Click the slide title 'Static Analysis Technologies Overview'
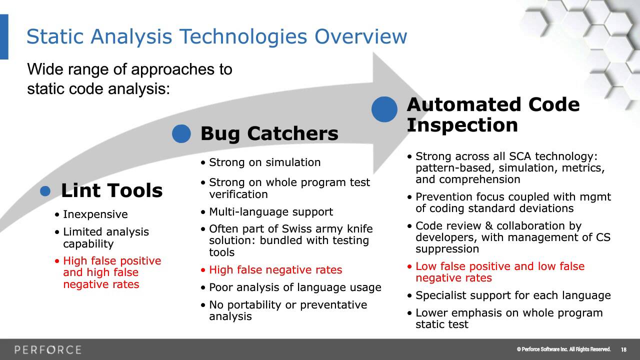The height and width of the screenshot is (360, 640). pos(216,37)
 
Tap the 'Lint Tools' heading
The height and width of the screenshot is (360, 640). pos(111,190)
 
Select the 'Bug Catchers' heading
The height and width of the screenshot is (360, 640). pos(269,133)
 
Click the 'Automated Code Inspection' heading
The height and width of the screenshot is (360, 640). pos(492,114)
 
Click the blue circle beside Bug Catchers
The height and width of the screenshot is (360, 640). pos(181,133)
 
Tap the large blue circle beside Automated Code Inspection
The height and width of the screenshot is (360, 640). pos(384,109)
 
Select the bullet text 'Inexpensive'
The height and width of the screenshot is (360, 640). pos(95,214)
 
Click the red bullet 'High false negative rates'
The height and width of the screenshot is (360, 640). pos(275,270)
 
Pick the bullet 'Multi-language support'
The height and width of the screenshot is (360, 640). pos(270,212)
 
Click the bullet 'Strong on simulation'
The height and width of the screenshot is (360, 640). pos(264,162)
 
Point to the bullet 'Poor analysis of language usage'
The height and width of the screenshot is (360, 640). pos(295,287)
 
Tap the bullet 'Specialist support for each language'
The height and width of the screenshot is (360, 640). pos(513,295)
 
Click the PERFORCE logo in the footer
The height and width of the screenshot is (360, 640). pos(48,349)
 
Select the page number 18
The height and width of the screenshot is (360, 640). pos(623,349)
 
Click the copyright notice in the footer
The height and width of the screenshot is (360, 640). pos(563,349)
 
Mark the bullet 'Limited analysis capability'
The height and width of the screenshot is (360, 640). pos(105,238)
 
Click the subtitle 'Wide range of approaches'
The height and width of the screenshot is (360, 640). pos(129,69)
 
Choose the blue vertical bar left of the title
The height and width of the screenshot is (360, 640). pos(4,37)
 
